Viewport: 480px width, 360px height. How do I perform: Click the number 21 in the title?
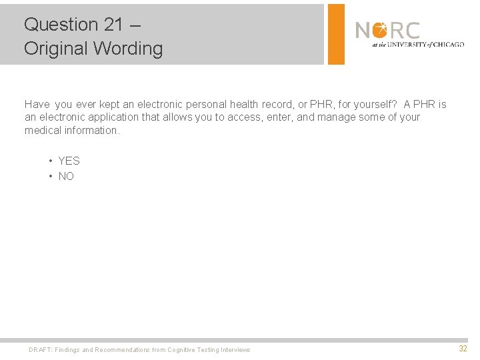pyautogui.click(x=113, y=25)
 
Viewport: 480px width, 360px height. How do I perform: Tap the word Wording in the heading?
pyautogui.click(x=129, y=49)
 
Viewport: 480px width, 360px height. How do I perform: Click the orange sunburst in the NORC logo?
pyautogui.click(x=380, y=30)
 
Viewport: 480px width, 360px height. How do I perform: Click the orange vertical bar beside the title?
pyautogui.click(x=337, y=34)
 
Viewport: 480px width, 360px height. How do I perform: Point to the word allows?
pyautogui.click(x=183, y=117)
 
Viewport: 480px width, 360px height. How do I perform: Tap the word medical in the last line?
pyautogui.click(x=43, y=130)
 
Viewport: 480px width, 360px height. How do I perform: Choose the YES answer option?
pyautogui.click(x=69, y=161)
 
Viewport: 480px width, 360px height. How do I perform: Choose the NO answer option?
pyautogui.click(x=66, y=177)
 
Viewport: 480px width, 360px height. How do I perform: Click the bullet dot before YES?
pyautogui.click(x=51, y=161)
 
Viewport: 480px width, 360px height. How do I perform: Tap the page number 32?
pyautogui.click(x=463, y=349)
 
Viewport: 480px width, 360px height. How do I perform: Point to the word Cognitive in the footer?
pyautogui.click(x=182, y=350)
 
